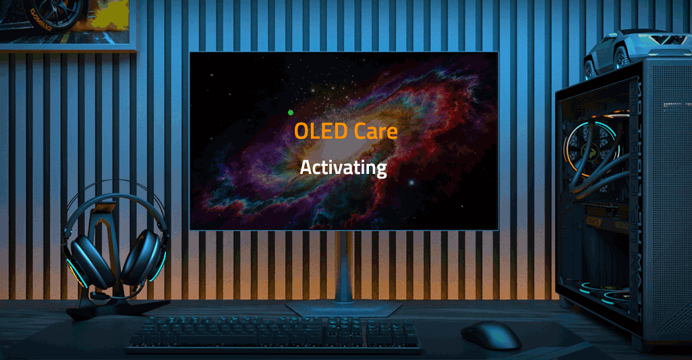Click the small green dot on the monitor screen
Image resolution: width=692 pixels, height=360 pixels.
point(291,113)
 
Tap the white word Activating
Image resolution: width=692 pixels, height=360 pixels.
point(343,167)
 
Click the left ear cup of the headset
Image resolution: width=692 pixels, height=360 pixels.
point(88,259)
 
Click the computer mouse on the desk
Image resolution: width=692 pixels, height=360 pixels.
point(490,334)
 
